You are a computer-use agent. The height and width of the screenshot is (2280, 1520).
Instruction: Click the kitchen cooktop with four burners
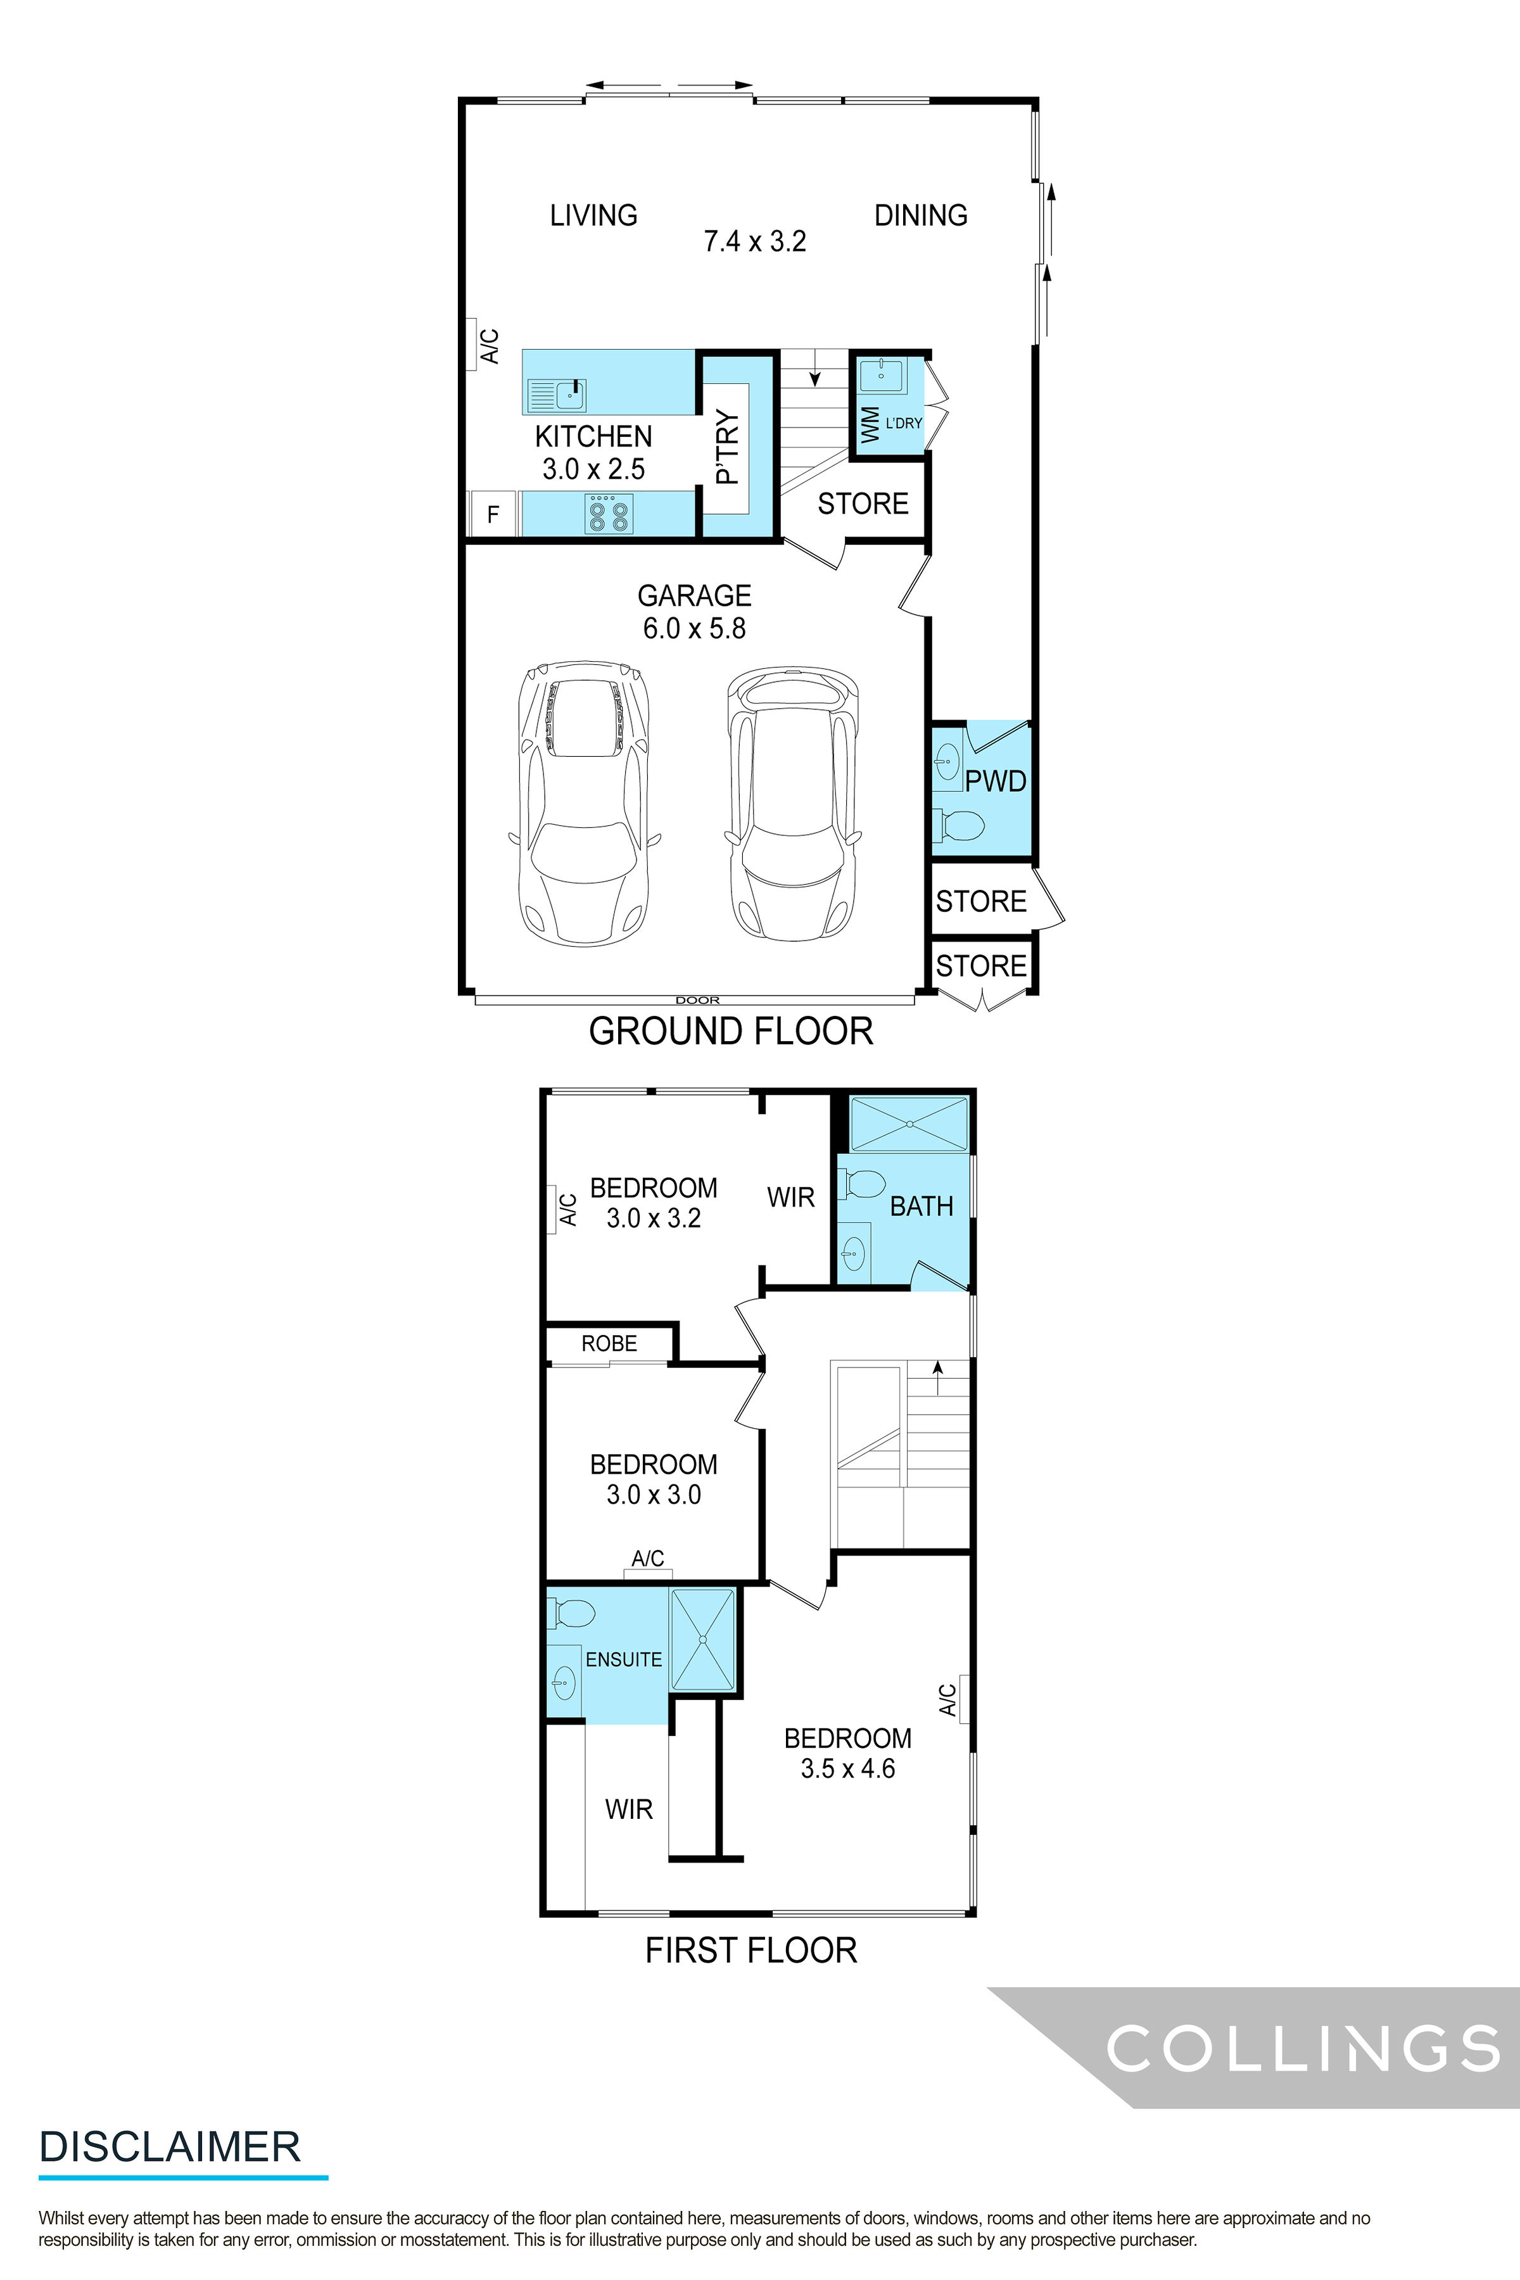tap(608, 513)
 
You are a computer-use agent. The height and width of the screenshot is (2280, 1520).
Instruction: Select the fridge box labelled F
tap(493, 514)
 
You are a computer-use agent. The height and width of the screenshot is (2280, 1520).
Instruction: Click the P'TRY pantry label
tap(727, 448)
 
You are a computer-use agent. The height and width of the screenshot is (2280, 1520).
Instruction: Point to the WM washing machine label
tap(870, 424)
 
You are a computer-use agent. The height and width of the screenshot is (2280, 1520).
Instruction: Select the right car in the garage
tap(793, 802)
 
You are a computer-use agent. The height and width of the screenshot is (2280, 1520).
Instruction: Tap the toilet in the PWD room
tap(959, 825)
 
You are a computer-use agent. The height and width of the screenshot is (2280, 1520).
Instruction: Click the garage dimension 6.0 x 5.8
tap(694, 628)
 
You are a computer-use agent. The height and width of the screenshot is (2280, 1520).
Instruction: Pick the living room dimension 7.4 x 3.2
tap(754, 241)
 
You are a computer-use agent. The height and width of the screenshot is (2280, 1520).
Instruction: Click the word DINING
tap(920, 215)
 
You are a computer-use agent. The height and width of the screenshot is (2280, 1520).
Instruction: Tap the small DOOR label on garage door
tap(697, 999)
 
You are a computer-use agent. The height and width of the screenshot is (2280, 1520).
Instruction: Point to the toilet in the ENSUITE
tap(572, 1614)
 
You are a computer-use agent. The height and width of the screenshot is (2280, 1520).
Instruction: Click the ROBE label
tap(609, 1343)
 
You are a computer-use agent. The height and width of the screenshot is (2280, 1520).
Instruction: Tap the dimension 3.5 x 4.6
tap(847, 1768)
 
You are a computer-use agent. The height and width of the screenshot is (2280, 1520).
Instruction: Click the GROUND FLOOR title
tap(730, 1030)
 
